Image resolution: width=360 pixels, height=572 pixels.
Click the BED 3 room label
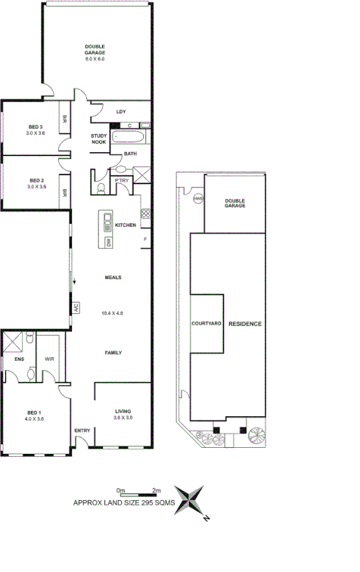coord(35,126)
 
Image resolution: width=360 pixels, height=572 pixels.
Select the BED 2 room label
coord(35,179)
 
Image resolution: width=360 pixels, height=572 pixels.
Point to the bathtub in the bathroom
coord(131,137)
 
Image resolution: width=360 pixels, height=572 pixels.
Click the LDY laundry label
coord(120,112)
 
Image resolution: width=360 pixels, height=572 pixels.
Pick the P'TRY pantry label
coord(121,181)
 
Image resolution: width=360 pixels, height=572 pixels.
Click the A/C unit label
coord(76,308)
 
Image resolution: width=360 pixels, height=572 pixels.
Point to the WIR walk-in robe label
coord(49,359)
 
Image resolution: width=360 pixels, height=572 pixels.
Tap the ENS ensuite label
coord(19,359)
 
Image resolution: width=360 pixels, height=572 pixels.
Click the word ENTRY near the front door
coord(82,431)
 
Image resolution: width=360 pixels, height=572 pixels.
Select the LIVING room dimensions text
coord(123,418)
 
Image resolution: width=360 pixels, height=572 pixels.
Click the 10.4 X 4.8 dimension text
coord(112,312)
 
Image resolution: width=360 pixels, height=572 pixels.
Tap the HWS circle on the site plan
coord(197,199)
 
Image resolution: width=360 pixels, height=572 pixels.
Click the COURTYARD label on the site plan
coord(206,324)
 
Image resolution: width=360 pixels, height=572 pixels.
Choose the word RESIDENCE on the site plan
coord(244,324)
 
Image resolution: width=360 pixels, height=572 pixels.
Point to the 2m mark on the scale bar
coord(156,491)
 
